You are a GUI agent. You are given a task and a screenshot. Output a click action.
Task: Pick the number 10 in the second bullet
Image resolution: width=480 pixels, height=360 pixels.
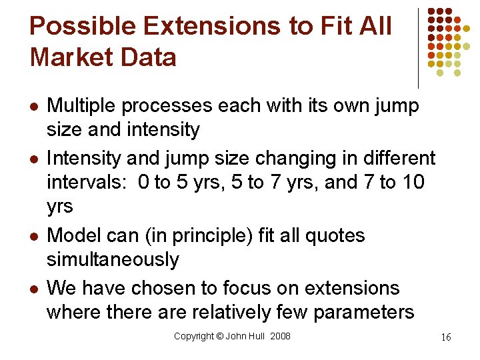413,182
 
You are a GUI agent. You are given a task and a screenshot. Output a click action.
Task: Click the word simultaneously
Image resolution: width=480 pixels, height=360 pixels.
113,259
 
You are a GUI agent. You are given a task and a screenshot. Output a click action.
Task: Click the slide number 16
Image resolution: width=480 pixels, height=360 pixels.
445,337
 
